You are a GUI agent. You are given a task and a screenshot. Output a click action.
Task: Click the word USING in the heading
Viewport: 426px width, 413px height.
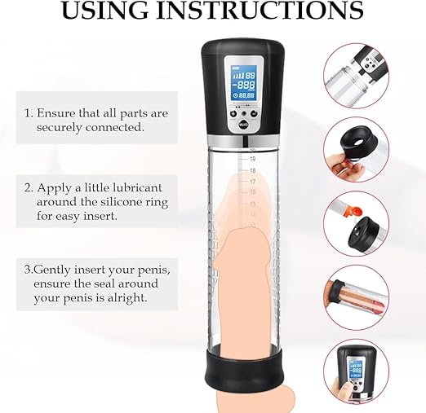[x=105, y=10]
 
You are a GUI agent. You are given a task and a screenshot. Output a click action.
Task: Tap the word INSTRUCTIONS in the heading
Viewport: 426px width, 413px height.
[x=260, y=10]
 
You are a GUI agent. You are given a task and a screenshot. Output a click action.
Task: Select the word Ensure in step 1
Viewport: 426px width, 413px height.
[x=56, y=113]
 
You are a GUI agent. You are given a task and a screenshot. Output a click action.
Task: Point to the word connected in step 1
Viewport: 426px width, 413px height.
[x=114, y=127]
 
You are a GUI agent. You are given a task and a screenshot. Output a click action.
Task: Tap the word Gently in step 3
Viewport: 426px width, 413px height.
[x=52, y=270]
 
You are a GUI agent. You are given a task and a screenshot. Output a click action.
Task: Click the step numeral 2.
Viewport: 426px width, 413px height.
[x=29, y=188]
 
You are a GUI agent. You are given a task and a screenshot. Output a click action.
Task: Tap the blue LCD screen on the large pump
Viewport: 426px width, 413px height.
[x=243, y=83]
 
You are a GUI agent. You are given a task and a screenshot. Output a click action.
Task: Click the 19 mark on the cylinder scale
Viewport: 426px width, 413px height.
[x=253, y=159]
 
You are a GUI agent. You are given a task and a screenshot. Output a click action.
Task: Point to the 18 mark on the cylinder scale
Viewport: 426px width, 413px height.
[x=253, y=170]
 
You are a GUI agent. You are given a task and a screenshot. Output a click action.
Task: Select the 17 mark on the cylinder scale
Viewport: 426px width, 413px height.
[x=253, y=182]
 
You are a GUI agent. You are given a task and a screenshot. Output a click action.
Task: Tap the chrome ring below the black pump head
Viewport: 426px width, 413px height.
[x=243, y=140]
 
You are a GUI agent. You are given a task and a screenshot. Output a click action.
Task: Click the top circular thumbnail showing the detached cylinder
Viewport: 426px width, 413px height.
[x=356, y=76]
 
